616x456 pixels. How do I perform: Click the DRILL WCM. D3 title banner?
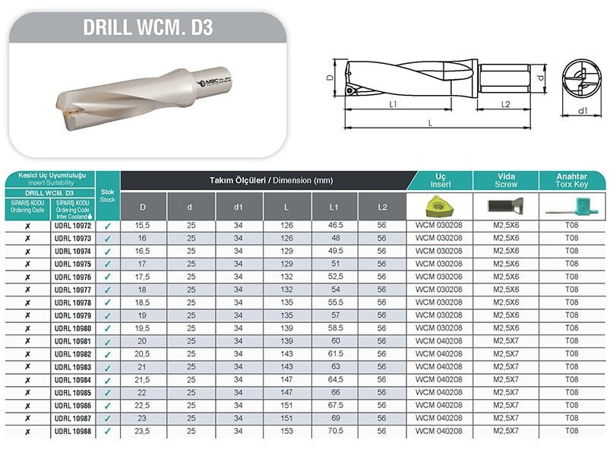click(x=147, y=28)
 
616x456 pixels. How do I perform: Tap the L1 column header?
click(x=335, y=206)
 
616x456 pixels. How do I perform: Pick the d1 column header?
click(x=239, y=206)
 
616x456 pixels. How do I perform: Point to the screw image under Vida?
click(x=505, y=204)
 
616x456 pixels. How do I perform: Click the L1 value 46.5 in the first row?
click(x=335, y=226)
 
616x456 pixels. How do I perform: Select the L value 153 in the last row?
click(x=287, y=431)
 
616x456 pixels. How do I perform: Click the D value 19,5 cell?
click(x=143, y=328)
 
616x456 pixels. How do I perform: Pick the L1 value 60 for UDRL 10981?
click(x=335, y=341)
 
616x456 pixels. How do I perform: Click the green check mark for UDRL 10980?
click(x=107, y=329)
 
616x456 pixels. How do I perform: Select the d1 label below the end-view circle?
click(x=583, y=112)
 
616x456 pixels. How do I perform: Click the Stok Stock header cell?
click(x=107, y=195)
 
